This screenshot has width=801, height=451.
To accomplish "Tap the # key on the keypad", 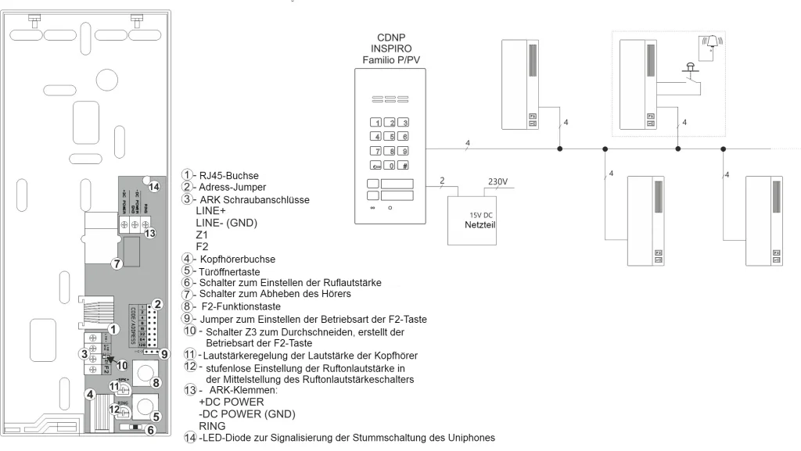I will tap(404, 166).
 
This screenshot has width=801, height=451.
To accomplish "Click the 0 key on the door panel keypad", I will tap(390, 166).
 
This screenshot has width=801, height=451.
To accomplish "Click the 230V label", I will tap(497, 182).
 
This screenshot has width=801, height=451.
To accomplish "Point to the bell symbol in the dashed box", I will tap(712, 42).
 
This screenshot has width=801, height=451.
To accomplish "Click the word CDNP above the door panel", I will tap(390, 37).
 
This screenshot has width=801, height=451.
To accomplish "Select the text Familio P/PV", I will tap(390, 60).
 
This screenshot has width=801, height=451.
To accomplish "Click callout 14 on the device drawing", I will tap(153, 187).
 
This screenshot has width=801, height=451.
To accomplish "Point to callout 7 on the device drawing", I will tap(116, 263).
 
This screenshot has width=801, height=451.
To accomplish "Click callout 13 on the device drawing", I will tap(152, 233).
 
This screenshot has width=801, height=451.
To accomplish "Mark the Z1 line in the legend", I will tap(201, 234).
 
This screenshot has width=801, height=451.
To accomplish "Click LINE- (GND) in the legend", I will tap(226, 223).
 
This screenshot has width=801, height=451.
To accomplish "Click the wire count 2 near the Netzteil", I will tap(442, 181).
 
